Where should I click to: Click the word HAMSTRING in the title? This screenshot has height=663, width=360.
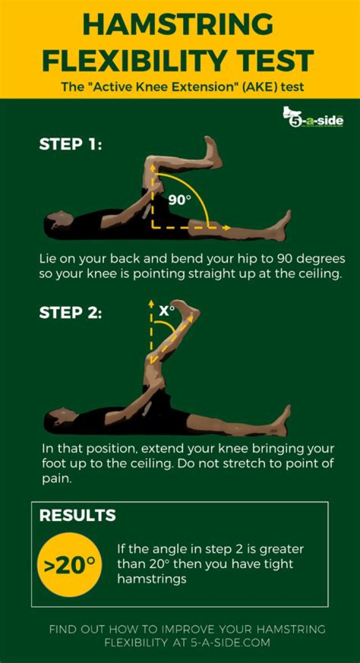coord(179,25)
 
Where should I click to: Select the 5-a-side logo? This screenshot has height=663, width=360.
coord(313,119)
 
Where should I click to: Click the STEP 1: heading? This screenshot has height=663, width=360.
coord(70,145)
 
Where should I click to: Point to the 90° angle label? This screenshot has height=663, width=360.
coord(180,200)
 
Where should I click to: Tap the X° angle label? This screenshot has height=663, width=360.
coord(167,310)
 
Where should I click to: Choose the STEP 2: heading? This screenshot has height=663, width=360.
coord(70,314)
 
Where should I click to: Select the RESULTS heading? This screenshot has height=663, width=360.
coord(77,516)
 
